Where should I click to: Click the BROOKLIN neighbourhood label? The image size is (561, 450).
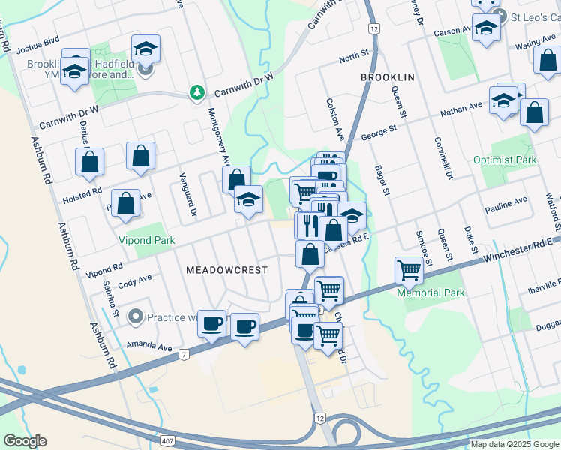pos(388,77)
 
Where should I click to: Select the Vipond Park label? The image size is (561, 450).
pos(147,241)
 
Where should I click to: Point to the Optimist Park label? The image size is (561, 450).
pos(505,160)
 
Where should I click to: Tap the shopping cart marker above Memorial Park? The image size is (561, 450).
pos(409,269)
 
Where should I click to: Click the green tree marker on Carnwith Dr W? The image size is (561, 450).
pos(197,92)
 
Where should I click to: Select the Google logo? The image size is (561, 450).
pos(25,441)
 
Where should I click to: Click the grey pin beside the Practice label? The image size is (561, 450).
pos(135,316)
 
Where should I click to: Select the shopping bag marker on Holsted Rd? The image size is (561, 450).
pos(89,161)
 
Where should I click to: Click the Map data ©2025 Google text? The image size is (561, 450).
pos(514,444)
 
